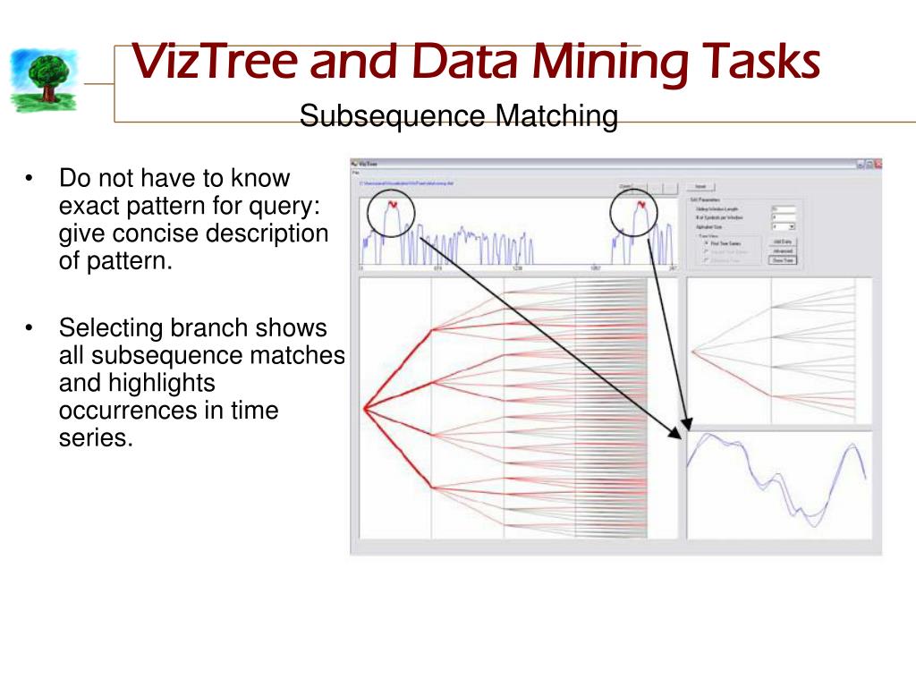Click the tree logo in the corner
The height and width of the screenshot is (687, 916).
click(43, 80)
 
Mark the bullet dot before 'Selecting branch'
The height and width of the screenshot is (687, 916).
click(30, 328)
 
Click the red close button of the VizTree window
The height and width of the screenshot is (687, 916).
click(878, 165)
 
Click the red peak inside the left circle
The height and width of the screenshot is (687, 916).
click(392, 206)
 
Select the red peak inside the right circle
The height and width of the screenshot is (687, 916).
click(640, 206)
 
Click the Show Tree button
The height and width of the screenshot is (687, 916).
click(782, 260)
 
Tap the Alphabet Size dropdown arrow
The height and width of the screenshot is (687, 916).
click(792, 228)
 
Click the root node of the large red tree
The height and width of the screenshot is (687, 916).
click(364, 408)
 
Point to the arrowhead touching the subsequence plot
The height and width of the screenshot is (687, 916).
click(687, 428)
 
